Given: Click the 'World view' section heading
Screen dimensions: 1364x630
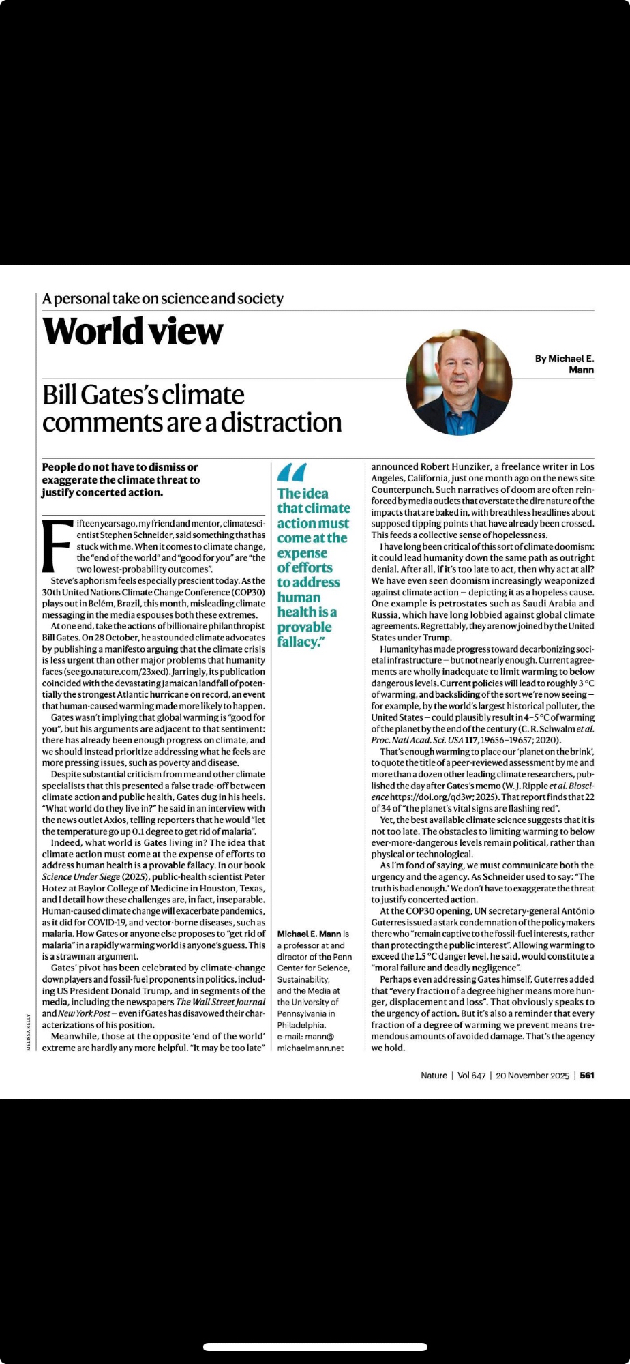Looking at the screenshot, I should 133,332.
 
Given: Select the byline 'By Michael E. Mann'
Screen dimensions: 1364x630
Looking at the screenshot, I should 565,364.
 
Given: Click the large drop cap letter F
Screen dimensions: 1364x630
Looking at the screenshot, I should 57,546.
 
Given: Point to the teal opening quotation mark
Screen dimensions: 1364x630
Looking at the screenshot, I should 292,472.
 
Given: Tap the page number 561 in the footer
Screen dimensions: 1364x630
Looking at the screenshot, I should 587,1076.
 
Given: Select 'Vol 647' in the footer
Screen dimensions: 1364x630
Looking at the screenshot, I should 471,1076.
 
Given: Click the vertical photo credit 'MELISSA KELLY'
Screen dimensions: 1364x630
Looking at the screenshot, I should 29,1032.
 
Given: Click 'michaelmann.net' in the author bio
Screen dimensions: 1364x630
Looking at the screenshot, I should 310,1048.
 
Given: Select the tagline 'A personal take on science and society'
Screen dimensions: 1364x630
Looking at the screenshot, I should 162,299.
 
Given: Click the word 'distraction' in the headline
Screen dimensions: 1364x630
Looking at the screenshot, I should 281,423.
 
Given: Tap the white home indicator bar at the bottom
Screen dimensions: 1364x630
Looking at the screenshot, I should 315,1347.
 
